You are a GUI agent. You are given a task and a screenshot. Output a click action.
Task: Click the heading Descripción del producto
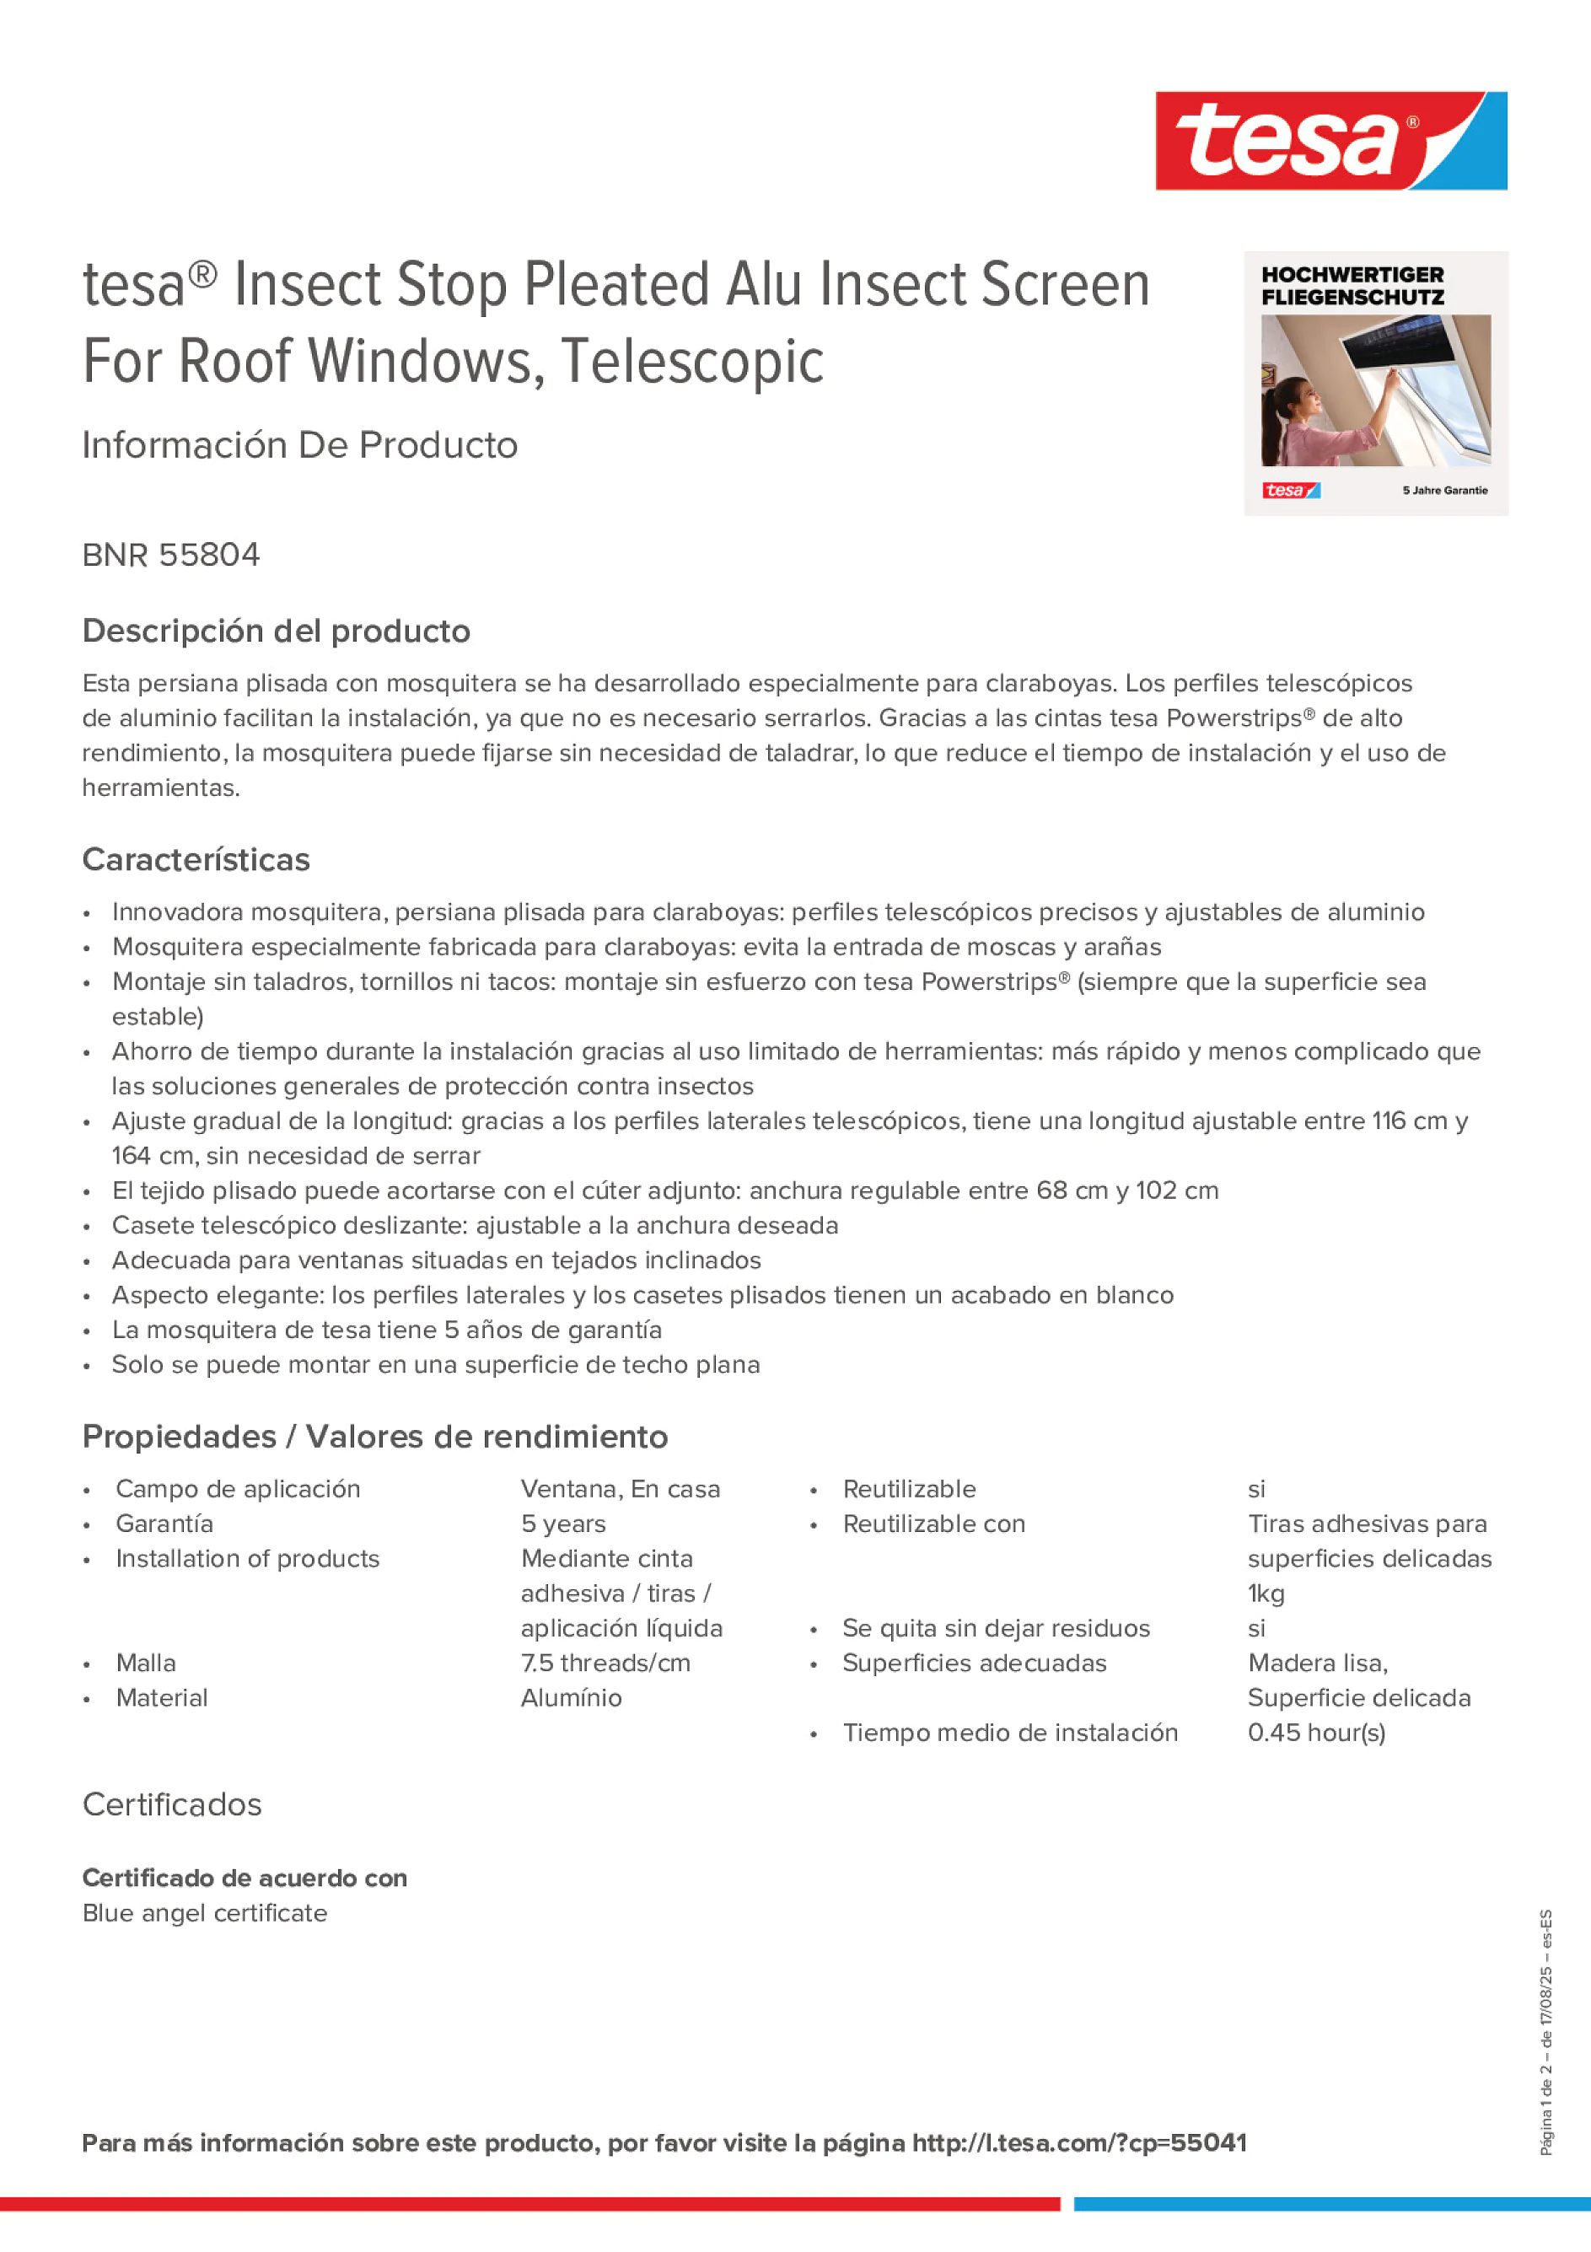pyautogui.click(x=276, y=631)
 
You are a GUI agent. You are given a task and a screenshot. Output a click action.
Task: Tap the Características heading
pyautogui.click(x=196, y=859)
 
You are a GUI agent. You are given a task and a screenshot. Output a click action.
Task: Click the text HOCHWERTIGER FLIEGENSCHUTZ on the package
pyautogui.click(x=1352, y=287)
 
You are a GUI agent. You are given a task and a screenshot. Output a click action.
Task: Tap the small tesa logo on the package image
pyautogui.click(x=1290, y=491)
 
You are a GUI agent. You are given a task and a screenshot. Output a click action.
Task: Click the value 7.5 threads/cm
pyautogui.click(x=605, y=1663)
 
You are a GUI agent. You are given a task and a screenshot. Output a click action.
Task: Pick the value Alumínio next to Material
pyautogui.click(x=571, y=1698)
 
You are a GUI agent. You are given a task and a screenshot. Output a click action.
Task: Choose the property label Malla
pyautogui.click(x=145, y=1663)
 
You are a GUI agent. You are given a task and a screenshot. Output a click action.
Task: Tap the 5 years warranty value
pyautogui.click(x=563, y=1524)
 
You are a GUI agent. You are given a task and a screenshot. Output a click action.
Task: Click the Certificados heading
pyautogui.click(x=172, y=1805)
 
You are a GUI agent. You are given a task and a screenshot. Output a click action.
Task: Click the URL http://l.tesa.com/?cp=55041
pyautogui.click(x=1079, y=2143)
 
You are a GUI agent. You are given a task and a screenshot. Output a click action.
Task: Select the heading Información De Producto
pyautogui.click(x=299, y=445)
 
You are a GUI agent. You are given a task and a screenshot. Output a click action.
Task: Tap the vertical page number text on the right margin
pyautogui.click(x=1545, y=2030)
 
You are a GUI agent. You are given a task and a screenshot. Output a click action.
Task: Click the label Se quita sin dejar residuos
pyautogui.click(x=996, y=1628)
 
